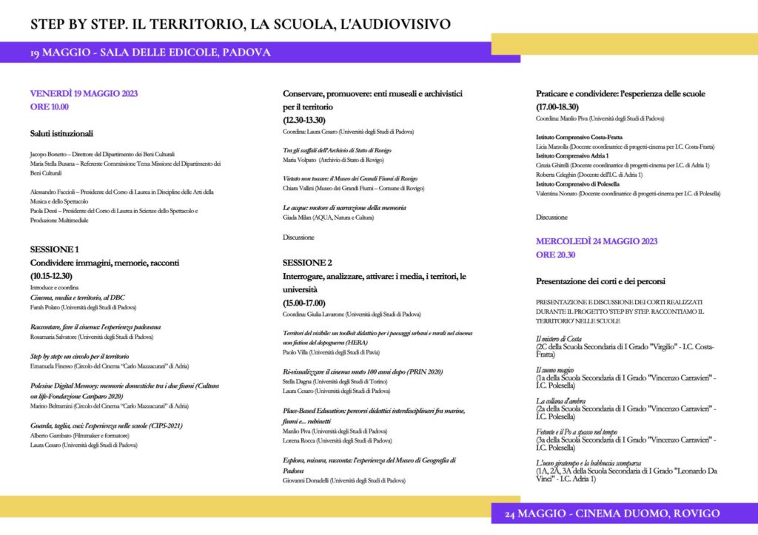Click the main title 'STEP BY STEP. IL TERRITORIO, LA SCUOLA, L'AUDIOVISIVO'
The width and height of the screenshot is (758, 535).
coord(240,24)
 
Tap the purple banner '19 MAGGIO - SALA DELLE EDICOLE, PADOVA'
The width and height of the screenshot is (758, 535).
coord(150,53)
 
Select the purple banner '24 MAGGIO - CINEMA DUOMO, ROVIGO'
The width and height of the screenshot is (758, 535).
coord(612,514)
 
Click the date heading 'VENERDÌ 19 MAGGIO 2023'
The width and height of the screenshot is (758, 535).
coord(84,94)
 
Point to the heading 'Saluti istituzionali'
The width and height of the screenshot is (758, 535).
coord(61,134)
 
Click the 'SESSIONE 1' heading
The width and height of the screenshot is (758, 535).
coord(54,249)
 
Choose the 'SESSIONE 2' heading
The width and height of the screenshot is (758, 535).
coord(307,263)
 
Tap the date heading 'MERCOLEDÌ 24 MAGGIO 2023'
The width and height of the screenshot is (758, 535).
coord(597,241)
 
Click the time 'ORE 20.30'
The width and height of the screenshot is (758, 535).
coord(557,255)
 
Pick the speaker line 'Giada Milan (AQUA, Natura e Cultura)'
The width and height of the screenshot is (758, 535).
coord(328,218)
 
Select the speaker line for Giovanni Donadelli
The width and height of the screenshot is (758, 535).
coord(344,480)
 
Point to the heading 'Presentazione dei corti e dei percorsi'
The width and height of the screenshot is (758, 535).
coord(600,282)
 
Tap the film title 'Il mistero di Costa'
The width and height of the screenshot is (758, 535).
coord(558,338)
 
